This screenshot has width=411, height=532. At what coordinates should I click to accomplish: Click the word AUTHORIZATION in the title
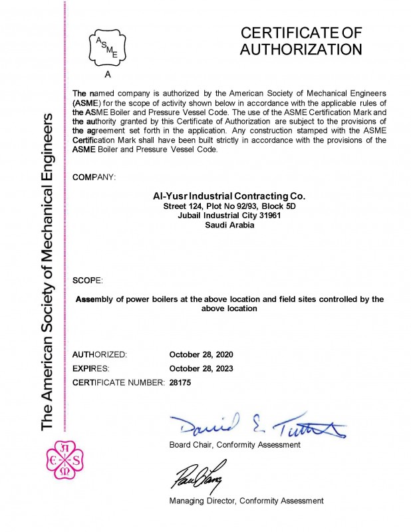click(x=301, y=49)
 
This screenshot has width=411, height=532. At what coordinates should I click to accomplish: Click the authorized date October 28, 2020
click(x=202, y=354)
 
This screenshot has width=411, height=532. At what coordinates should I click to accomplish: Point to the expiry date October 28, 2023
click(x=202, y=368)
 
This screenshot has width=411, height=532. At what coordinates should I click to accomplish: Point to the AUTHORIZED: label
click(x=99, y=354)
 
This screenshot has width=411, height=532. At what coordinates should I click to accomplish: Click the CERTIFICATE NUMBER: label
click(x=118, y=382)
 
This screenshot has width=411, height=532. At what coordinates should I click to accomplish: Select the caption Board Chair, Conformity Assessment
click(x=235, y=444)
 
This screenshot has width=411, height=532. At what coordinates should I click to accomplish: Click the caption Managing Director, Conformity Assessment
click(x=246, y=500)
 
